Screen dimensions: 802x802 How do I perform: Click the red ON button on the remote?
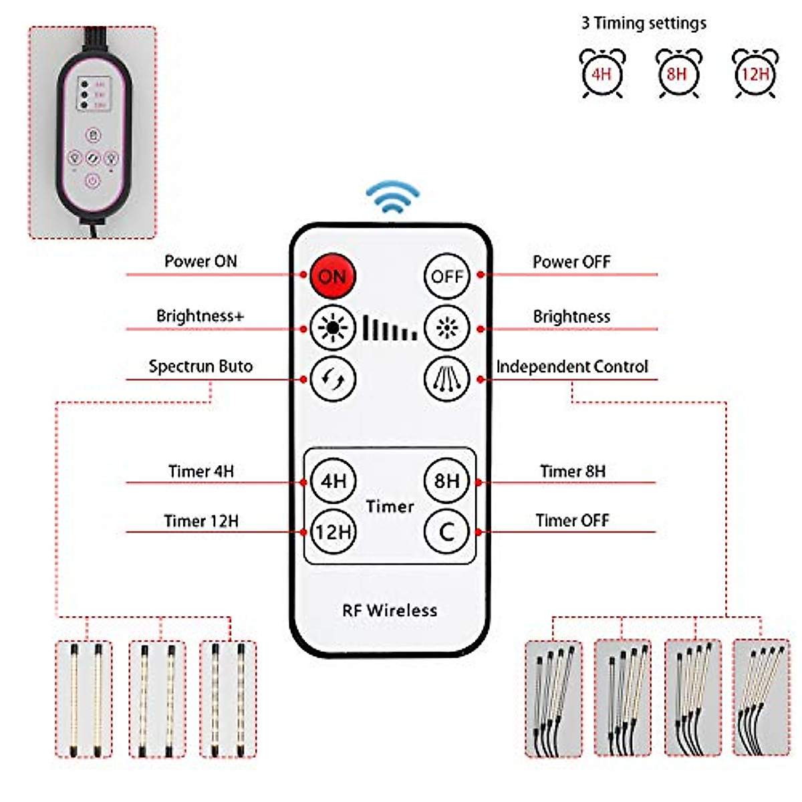pos(332,276)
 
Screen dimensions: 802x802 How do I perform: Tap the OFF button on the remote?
pos(446,276)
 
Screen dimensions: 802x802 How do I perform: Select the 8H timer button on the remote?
pos(446,481)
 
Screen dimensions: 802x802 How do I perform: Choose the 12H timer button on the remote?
pos(333,532)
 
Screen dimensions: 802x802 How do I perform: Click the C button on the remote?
pos(446,532)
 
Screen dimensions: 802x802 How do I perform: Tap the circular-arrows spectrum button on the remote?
pos(333,379)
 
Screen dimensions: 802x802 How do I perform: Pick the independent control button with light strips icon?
pos(446,379)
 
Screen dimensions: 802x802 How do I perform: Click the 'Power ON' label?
pos(200,261)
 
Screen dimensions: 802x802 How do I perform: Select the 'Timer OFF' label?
pos(572,520)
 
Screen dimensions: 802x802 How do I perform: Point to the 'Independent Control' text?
pos(572,366)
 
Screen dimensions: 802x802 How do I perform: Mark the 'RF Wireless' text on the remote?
pos(390,610)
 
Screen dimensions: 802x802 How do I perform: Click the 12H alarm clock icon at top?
pos(755,73)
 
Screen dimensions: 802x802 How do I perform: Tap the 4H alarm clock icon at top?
pos(601,73)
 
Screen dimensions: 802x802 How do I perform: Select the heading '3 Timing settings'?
pos(644,23)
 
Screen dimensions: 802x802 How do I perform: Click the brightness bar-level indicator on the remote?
pos(390,328)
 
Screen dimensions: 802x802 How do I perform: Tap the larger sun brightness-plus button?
pos(332,328)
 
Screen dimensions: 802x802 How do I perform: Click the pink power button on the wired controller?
pos(92,180)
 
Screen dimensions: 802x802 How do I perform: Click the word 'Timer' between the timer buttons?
pos(390,507)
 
